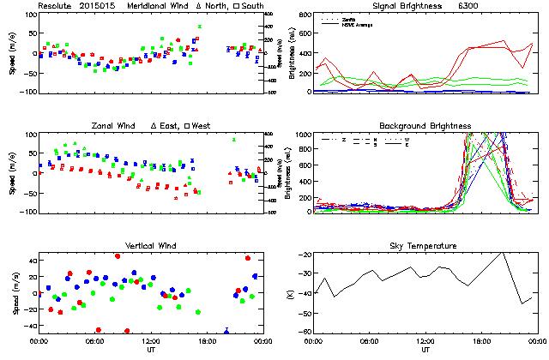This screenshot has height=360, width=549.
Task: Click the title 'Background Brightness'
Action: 425,126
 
